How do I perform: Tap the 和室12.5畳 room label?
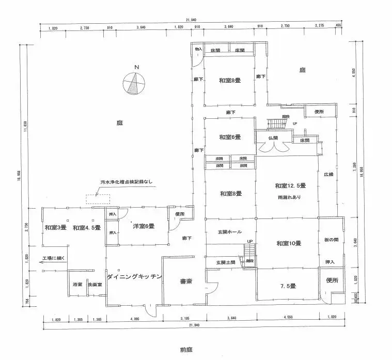click(x=290, y=186)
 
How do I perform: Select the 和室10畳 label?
click(x=289, y=243)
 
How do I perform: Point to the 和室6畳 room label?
click(x=229, y=137)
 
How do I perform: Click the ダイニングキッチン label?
click(x=134, y=277)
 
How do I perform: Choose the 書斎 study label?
click(x=186, y=282)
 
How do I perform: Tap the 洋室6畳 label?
click(x=143, y=226)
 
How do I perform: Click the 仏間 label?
click(x=273, y=138)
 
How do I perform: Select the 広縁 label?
click(x=329, y=175)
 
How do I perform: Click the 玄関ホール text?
click(x=230, y=232)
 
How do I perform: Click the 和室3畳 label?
click(x=55, y=228)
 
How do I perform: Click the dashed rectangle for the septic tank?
click(x=98, y=198)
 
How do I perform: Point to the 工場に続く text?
click(x=53, y=258)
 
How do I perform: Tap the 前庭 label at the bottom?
click(x=187, y=350)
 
